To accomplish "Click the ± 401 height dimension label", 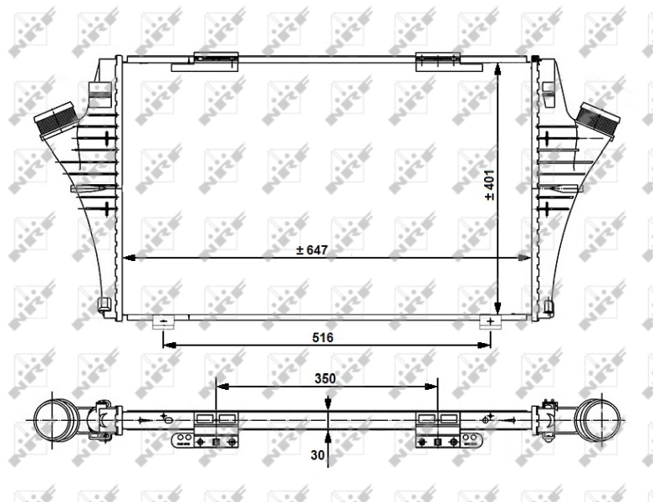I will pyautogui.click(x=490, y=186).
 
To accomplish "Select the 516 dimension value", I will pyautogui.click(x=324, y=337).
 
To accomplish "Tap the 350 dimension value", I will pyautogui.click(x=325, y=378).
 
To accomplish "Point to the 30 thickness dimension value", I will pyautogui.click(x=317, y=455).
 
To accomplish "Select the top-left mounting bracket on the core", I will pyautogui.click(x=216, y=59).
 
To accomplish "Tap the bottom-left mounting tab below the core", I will pyautogui.click(x=163, y=321).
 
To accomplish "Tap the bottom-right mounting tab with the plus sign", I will pyautogui.click(x=490, y=321).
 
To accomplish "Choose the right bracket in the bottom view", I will pyautogui.click(x=437, y=428).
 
